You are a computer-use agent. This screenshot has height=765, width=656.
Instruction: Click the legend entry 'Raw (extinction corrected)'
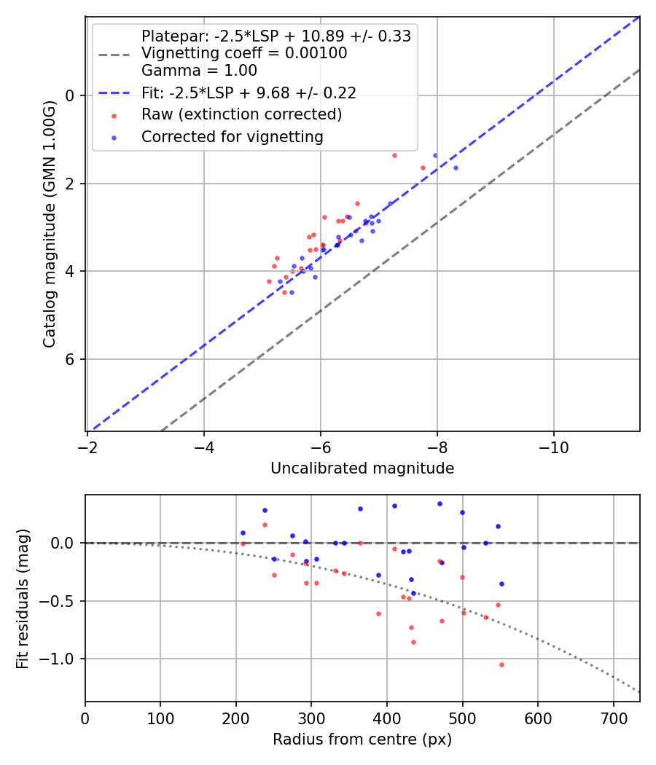(241, 114)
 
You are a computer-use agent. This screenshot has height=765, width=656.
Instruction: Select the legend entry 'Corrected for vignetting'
(232, 136)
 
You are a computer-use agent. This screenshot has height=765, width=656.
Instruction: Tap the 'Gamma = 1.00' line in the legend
(199, 71)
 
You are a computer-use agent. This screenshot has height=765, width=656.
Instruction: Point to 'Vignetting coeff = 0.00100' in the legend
(244, 53)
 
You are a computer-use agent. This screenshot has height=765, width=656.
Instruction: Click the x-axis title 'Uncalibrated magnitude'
(362, 468)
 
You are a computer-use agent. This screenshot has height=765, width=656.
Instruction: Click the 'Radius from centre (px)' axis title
(362, 739)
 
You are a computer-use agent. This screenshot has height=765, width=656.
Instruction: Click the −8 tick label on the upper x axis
(437, 445)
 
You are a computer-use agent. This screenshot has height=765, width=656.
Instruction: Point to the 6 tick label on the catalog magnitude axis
(71, 359)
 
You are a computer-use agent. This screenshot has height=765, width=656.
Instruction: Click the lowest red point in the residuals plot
(501, 664)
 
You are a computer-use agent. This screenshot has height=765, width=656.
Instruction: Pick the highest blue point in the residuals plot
(440, 503)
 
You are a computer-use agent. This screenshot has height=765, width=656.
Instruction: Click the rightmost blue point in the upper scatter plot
(456, 168)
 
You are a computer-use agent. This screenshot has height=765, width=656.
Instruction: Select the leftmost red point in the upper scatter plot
(269, 281)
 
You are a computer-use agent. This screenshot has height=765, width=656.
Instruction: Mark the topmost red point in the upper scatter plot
(394, 155)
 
